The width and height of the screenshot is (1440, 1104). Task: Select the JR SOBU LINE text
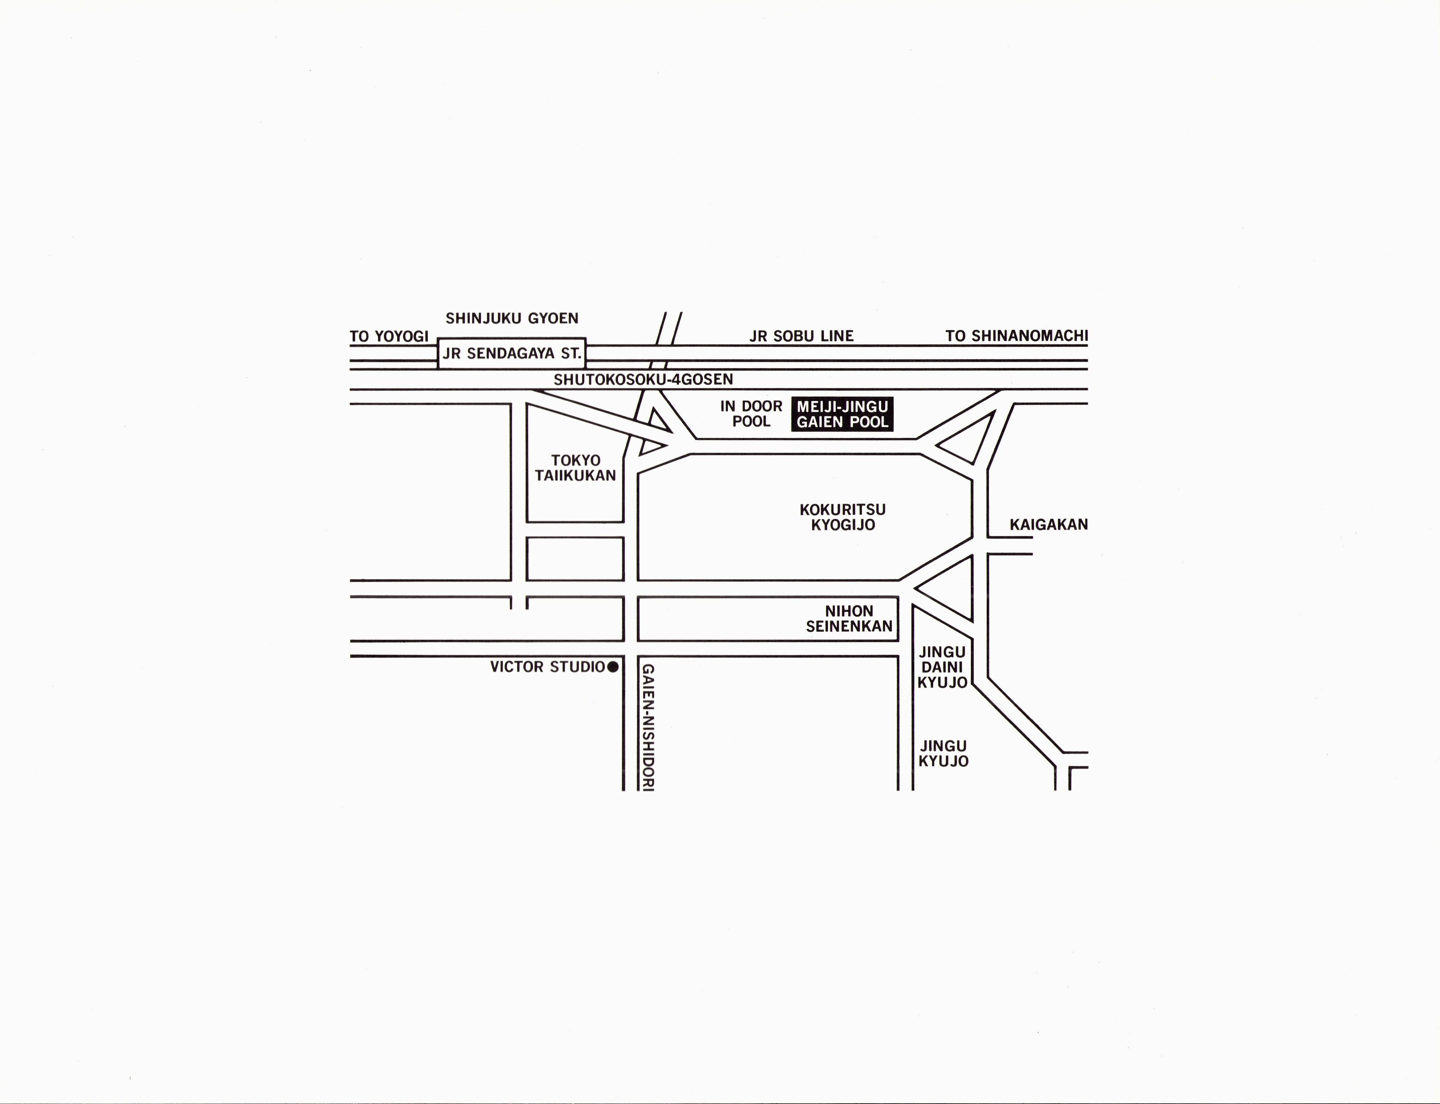801,336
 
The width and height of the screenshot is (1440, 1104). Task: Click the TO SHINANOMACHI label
1016,336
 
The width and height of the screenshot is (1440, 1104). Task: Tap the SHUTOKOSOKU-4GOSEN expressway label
643,379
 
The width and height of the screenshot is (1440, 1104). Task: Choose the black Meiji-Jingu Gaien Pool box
842,414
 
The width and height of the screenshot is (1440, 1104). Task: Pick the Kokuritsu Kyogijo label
843,517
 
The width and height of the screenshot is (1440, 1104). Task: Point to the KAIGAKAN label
1048,524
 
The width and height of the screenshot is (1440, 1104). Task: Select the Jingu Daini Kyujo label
943,667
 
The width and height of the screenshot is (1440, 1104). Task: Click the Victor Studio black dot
613,667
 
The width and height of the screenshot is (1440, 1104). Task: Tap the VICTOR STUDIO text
547,667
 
